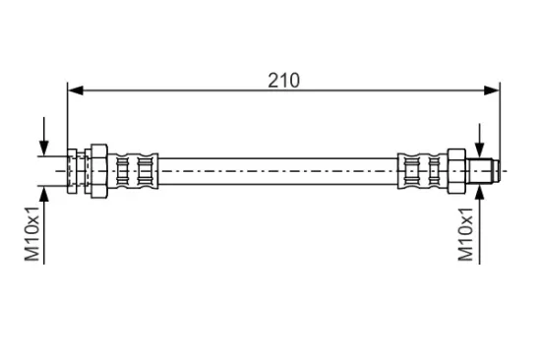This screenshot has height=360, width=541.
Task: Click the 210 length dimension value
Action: coord(283,81)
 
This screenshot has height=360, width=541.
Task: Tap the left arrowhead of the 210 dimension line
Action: coord(76,90)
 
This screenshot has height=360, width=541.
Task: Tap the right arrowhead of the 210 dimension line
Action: coord(492,90)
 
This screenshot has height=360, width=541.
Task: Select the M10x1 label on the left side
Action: coord(32,234)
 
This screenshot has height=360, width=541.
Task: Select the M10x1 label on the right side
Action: coord(466,234)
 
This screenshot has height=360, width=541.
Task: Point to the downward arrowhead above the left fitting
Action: coord(44,149)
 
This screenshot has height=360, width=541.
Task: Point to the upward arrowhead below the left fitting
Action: coord(44,195)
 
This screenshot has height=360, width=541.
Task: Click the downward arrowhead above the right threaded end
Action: coord(480,150)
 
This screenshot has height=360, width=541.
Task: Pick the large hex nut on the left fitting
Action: coord(99,171)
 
